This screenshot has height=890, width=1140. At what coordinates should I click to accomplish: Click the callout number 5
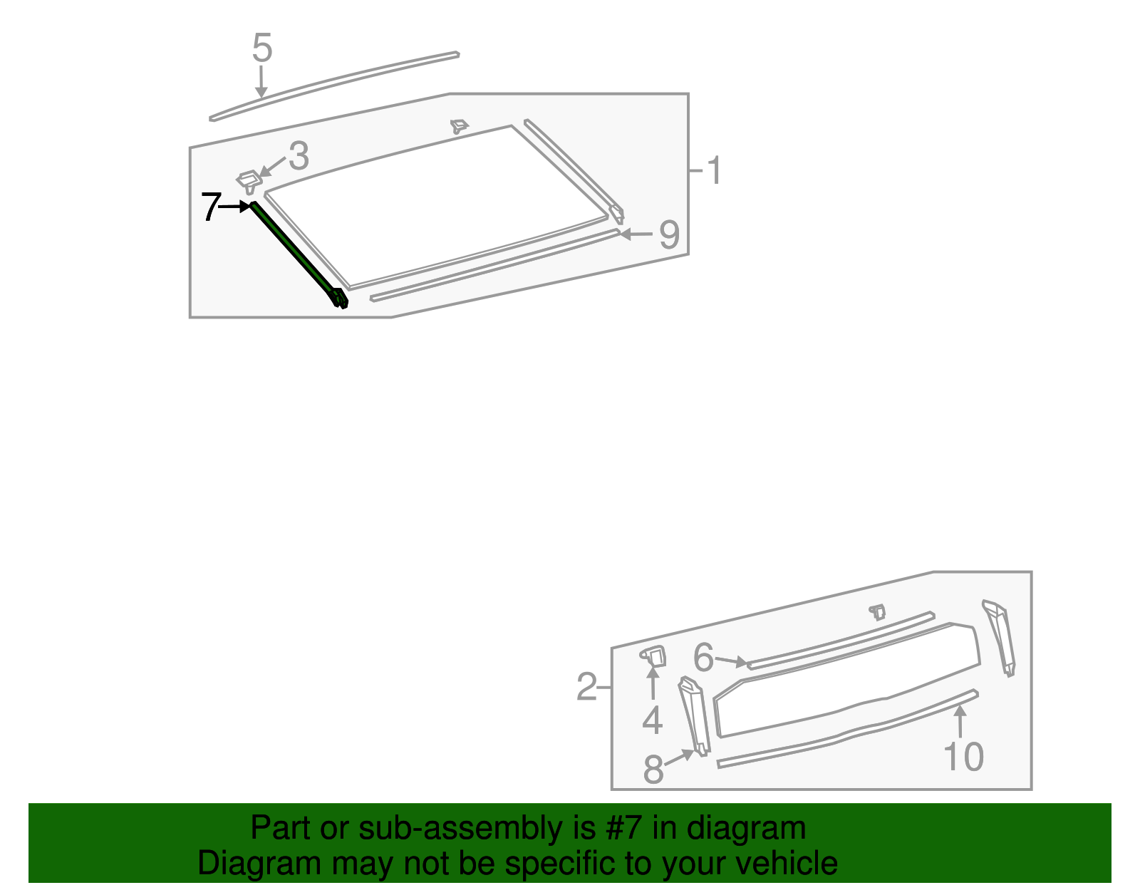[262, 48]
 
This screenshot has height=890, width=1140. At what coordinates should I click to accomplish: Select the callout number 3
[299, 155]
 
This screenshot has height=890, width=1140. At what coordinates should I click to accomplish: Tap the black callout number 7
[209, 207]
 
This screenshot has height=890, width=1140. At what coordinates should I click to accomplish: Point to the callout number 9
[668, 234]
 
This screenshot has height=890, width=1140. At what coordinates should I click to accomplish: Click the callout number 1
[713, 171]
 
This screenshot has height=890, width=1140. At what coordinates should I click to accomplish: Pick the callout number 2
[586, 688]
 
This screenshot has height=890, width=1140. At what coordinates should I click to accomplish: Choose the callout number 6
[703, 658]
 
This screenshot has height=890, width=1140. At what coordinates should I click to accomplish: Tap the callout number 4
[652, 720]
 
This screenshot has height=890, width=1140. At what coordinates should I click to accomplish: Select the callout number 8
[653, 770]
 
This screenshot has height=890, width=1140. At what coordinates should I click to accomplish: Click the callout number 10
[963, 757]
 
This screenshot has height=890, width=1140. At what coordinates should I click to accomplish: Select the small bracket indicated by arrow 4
[654, 656]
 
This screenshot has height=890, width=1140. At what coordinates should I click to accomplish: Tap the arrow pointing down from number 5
[261, 82]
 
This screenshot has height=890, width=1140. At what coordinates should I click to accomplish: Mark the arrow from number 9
[636, 234]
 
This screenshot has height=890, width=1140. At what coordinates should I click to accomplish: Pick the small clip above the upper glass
[459, 127]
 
